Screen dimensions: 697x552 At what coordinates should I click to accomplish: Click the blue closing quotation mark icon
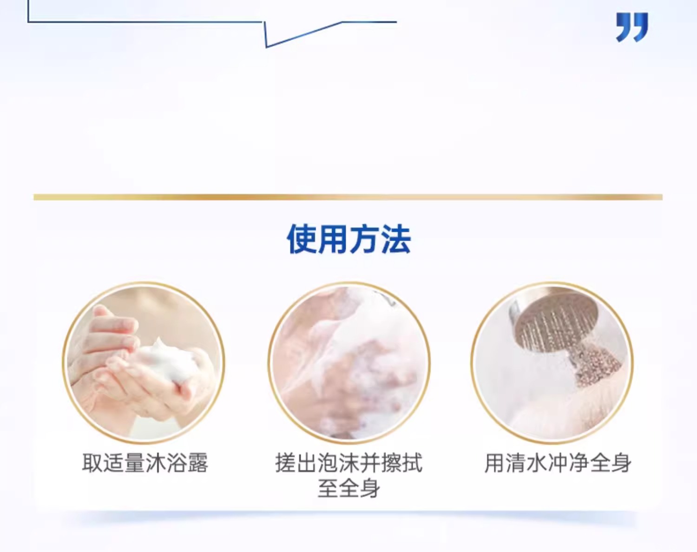coord(632,27)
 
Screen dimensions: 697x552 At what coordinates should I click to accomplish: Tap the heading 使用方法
coord(349,239)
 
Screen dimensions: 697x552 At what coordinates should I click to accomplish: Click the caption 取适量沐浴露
coord(145,463)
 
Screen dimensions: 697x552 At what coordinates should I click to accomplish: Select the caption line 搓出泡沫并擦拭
coord(349,463)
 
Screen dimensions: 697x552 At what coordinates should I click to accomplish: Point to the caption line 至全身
coord(349,488)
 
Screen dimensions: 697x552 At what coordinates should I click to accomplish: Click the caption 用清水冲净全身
coord(558,463)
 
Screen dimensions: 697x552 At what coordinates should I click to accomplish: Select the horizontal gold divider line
coord(348,197)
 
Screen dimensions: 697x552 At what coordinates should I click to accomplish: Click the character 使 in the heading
coord(302,239)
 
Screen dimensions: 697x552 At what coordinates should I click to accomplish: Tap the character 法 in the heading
coord(396,239)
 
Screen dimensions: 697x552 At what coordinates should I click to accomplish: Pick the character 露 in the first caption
coord(197,463)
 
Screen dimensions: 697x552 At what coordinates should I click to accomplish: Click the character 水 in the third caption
coord(537,463)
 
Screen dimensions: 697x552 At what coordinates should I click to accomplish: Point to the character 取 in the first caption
coord(92,463)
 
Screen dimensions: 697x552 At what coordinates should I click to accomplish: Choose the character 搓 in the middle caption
coord(286,463)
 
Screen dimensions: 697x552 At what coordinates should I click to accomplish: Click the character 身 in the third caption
coord(621,463)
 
